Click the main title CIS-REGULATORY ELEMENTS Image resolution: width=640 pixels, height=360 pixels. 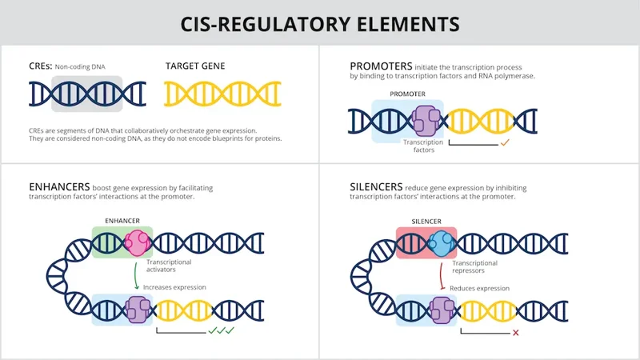pyautogui.click(x=320, y=23)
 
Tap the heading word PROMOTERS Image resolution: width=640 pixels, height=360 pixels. pyautogui.click(x=382, y=65)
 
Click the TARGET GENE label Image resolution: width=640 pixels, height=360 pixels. pyautogui.click(x=194, y=66)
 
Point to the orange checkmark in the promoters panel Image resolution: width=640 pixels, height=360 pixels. pyautogui.click(x=505, y=143)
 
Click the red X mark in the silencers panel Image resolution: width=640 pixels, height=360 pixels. pyautogui.click(x=515, y=332)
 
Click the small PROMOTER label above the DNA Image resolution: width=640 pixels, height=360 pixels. pyautogui.click(x=407, y=94)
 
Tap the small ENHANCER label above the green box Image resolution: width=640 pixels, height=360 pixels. pyautogui.click(x=122, y=219)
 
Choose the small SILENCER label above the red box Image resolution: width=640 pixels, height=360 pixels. pyautogui.click(x=426, y=219)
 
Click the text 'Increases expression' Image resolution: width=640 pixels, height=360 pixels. pyautogui.click(x=174, y=287)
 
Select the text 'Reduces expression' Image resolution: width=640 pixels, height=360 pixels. pyautogui.click(x=480, y=287)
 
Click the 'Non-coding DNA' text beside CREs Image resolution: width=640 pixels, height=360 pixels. pyautogui.click(x=83, y=66)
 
